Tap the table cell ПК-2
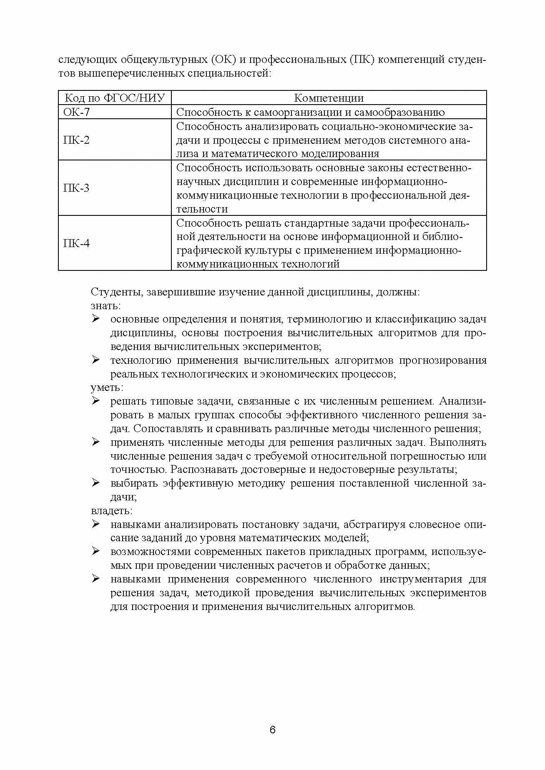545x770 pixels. [x=76, y=140]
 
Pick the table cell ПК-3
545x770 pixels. [x=76, y=188]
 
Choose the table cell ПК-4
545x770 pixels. [x=76, y=243]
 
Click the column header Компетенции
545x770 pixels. [x=329, y=98]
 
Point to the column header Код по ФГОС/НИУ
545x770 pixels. [x=115, y=98]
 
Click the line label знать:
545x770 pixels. [x=106, y=305]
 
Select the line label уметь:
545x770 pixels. [x=107, y=387]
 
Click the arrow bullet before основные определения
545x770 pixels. [x=95, y=319]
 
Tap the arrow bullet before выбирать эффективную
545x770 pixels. [x=95, y=483]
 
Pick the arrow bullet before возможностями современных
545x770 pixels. [x=95, y=551]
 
